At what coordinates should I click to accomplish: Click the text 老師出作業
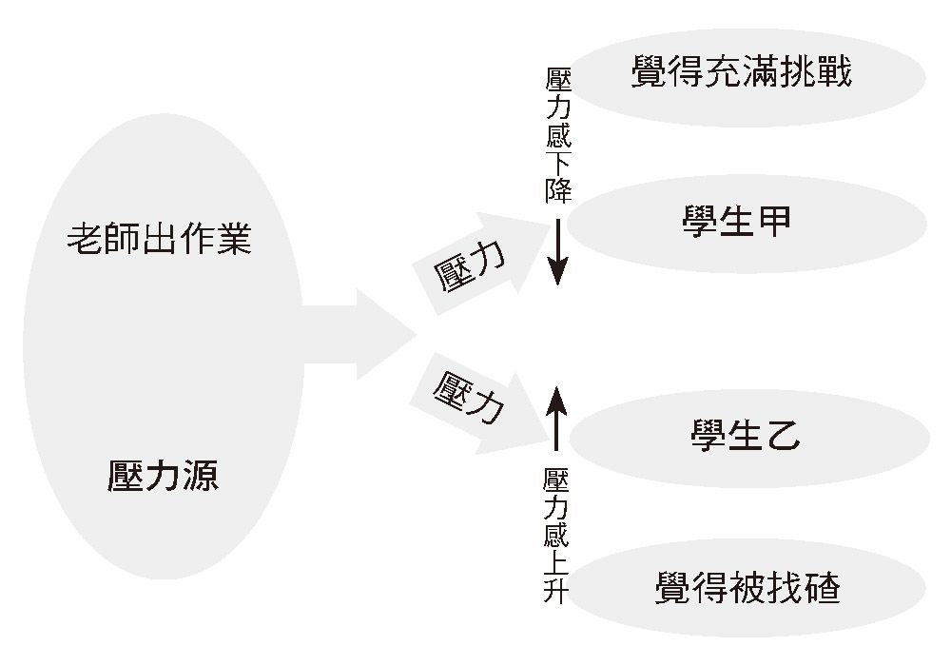[x=160, y=239]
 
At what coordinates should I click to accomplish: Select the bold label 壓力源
[x=162, y=473]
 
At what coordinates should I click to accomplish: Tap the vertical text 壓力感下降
[x=557, y=133]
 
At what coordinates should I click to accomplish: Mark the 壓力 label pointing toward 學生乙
[x=468, y=394]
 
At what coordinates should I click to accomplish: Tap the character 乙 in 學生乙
[x=782, y=436]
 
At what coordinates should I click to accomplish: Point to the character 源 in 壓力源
[x=200, y=473]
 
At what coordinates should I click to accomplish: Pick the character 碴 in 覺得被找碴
[x=823, y=587]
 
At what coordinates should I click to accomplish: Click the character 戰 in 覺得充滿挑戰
[x=835, y=72]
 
